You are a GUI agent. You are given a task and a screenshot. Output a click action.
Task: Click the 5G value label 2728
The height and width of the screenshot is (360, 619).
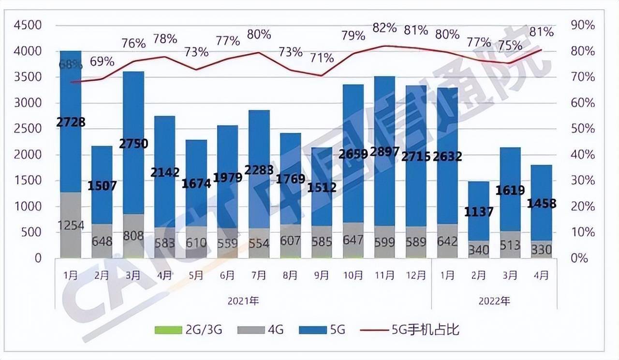(x=71, y=122)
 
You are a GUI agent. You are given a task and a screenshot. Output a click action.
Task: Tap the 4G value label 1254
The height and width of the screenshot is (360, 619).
(x=71, y=225)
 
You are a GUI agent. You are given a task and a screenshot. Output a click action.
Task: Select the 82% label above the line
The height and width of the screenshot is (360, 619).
(x=385, y=28)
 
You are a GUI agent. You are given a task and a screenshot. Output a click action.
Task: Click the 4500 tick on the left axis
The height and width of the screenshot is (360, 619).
(x=29, y=25)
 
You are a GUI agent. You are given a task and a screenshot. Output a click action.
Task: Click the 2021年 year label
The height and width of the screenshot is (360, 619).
(x=243, y=300)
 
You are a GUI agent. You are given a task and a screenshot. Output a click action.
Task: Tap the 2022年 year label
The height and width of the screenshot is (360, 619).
(x=494, y=300)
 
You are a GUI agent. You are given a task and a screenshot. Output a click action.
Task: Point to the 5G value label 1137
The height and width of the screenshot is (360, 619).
(x=479, y=211)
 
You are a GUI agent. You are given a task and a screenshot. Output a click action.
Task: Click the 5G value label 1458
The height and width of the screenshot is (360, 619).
(x=542, y=203)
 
